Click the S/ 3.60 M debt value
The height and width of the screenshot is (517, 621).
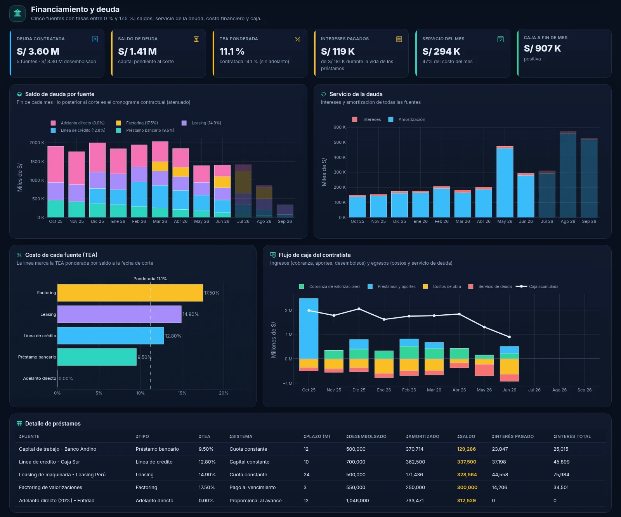pos(38,52)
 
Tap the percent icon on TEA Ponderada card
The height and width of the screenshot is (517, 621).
pos(298,39)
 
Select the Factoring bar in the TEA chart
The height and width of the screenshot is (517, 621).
pos(130,293)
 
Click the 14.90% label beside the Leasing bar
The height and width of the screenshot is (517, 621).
pos(191,314)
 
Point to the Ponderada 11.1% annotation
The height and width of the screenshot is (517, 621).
pos(150,279)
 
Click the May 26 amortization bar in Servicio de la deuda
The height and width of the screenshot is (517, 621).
pos(505,183)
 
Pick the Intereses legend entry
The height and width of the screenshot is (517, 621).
pos(367,119)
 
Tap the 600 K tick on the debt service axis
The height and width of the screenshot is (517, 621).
pos(339,127)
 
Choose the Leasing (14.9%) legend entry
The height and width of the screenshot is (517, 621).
pos(201,123)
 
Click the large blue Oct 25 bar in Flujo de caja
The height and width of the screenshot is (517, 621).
pos(309,329)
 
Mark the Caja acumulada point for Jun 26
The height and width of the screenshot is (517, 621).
pos(509,337)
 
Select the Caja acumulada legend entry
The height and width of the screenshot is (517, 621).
pos(537,286)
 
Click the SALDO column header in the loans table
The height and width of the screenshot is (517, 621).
pos(466,436)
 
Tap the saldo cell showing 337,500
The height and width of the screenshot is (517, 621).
pos(467,462)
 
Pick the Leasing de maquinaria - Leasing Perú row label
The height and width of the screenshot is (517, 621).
pos(62,475)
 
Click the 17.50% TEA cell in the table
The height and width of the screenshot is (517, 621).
pos(206,488)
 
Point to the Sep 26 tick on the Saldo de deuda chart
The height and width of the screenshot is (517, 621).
pos(285,221)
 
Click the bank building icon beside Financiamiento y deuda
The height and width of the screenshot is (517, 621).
pos(17,14)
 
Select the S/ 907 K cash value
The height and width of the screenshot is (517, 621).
pos(542,48)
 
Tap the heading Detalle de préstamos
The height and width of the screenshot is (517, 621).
pos(53,424)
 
